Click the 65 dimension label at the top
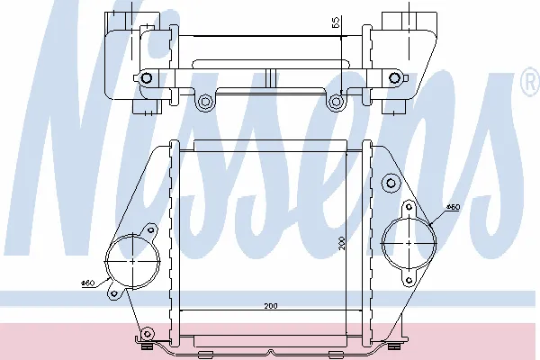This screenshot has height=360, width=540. tap(336, 22)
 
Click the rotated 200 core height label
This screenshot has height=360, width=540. tap(342, 243)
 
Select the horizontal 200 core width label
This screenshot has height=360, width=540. tap(271, 306)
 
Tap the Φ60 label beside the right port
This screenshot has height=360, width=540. tap(453, 207)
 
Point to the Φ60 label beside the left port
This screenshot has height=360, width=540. tap(87, 283)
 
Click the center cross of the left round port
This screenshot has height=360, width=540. tap(133, 261)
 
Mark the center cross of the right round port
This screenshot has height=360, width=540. tap(409, 243)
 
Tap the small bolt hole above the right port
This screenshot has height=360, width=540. tap(409, 207)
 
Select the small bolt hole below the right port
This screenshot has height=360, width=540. tap(409, 281)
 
